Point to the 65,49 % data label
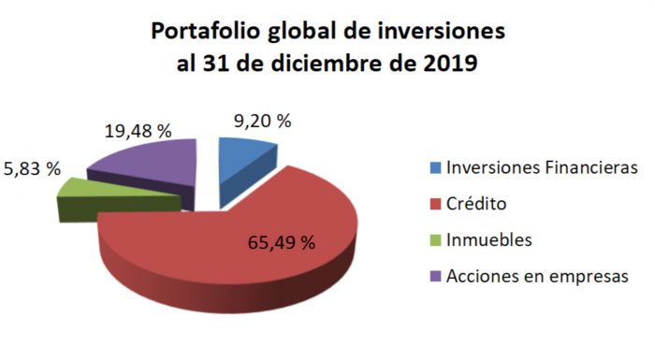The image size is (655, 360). pyautogui.click(x=281, y=242)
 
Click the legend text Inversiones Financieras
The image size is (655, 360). pyautogui.click(x=542, y=168)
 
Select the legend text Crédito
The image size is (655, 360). pyautogui.click(x=478, y=204)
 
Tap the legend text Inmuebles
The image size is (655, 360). pyautogui.click(x=489, y=240)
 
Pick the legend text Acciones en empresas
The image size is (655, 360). pyautogui.click(x=531, y=276)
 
